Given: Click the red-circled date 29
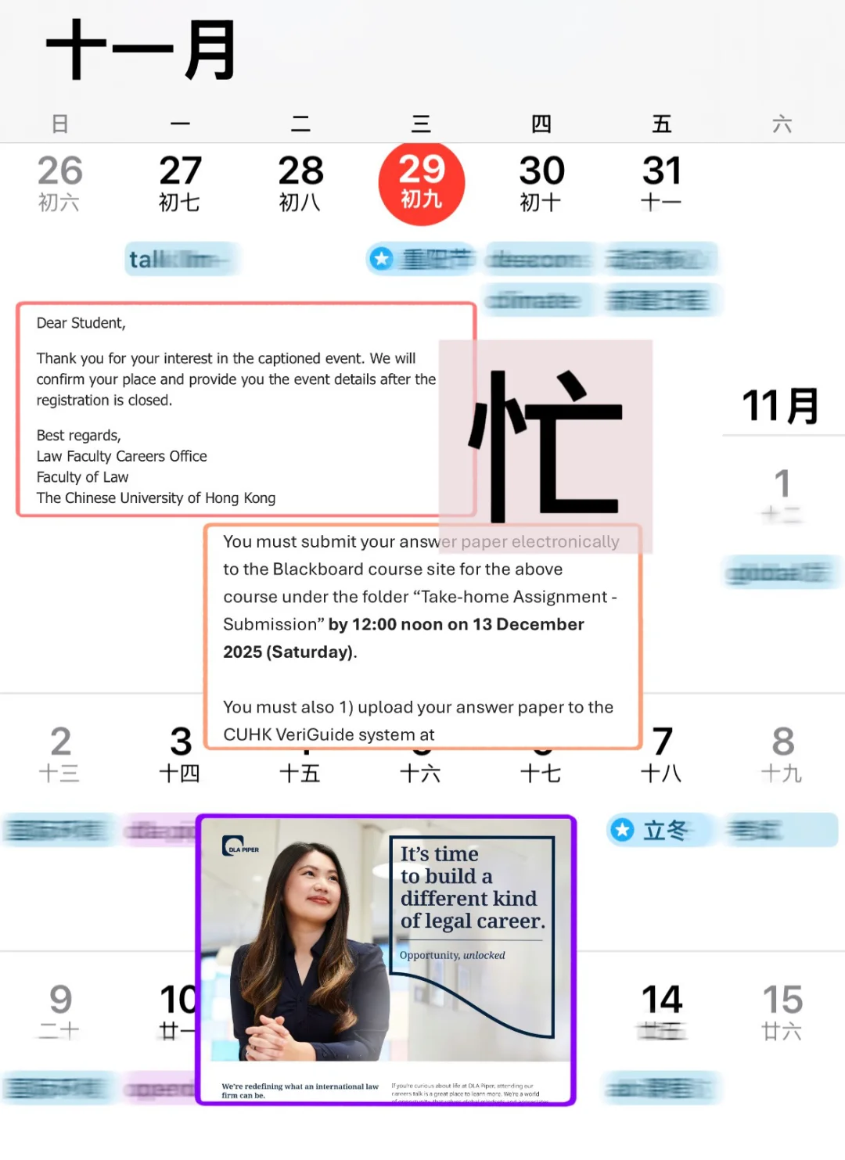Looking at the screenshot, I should click(x=422, y=183).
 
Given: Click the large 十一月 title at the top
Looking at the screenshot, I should click(x=141, y=50).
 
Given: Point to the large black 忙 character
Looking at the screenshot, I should click(x=546, y=446).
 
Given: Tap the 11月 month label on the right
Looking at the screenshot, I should click(x=780, y=406).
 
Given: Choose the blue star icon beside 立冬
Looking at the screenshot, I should click(x=623, y=830).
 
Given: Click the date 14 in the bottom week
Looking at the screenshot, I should click(x=662, y=1000).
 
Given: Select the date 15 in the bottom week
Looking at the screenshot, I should click(x=782, y=1000).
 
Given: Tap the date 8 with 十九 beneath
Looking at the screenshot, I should click(x=782, y=742).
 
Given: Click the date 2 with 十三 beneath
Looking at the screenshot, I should click(x=60, y=742).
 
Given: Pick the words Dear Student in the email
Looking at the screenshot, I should click(x=81, y=323).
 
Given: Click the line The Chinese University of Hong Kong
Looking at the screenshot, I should click(x=156, y=498).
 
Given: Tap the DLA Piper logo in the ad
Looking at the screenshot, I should click(x=239, y=847).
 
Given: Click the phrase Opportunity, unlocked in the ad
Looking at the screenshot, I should click(x=452, y=955).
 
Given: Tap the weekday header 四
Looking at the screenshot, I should click(x=541, y=124).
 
